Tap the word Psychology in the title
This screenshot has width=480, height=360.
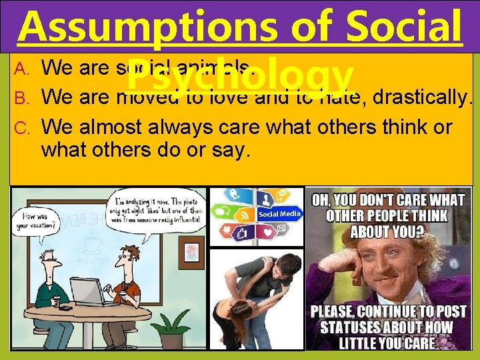pos(238,77)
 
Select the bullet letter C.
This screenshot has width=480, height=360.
pos(21,127)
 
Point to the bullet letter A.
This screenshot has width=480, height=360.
pos(21,67)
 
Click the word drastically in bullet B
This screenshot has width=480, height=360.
pos(413,97)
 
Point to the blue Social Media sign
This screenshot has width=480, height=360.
pos(279,214)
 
